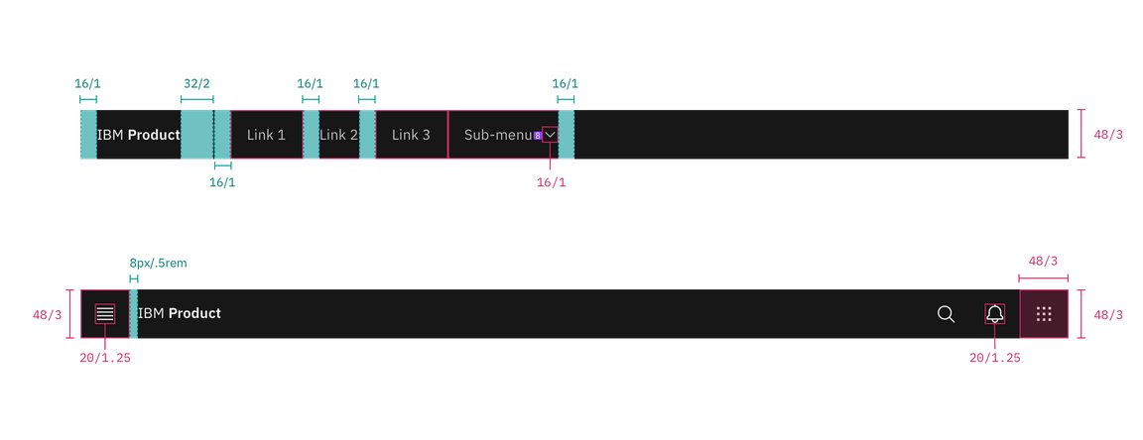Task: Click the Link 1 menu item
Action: tap(266, 135)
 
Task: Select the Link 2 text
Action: tap(338, 135)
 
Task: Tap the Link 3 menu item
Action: tap(411, 135)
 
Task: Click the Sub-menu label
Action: tap(498, 135)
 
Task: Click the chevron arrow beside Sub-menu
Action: tap(550, 135)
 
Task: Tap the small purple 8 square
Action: tap(537, 135)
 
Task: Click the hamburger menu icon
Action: tap(105, 314)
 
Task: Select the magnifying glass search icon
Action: tap(947, 314)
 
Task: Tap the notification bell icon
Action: tap(995, 314)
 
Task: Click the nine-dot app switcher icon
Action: tap(1044, 314)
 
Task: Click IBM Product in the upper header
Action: tap(139, 135)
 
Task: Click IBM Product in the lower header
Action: tap(180, 314)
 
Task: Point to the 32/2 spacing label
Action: tap(196, 84)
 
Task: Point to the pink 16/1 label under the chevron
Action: tap(551, 183)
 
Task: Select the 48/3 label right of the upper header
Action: tap(1107, 135)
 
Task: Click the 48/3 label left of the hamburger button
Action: tap(48, 315)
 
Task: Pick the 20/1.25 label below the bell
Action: tap(995, 357)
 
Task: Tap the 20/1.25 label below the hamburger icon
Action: tap(105, 357)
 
